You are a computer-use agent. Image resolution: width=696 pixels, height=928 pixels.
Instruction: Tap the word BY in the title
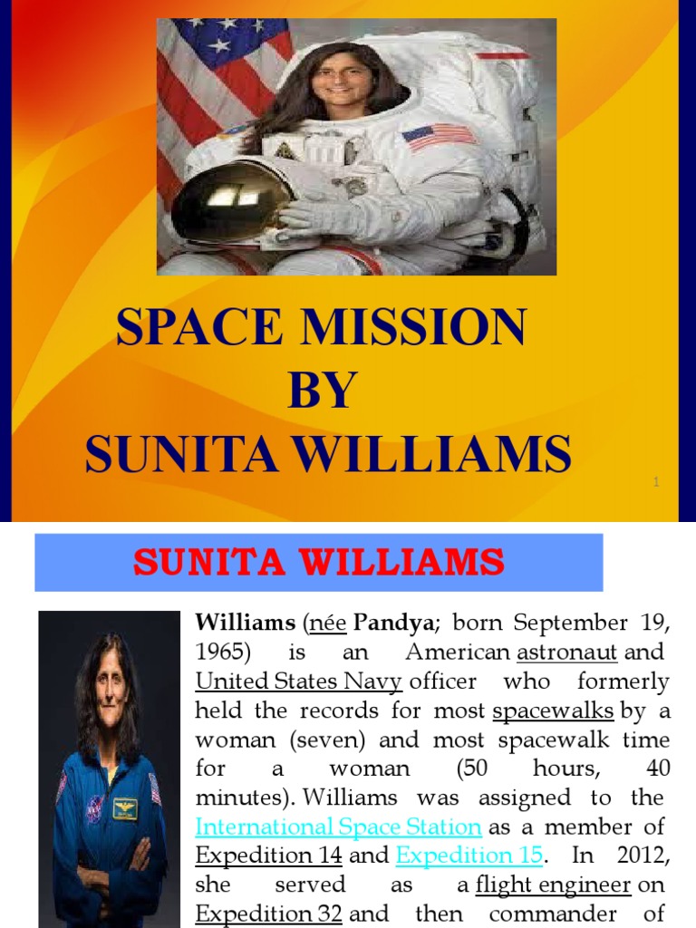click(321, 391)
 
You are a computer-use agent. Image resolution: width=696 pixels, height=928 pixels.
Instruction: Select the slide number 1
click(655, 483)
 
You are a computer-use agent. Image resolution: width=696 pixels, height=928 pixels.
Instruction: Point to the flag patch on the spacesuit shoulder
click(439, 137)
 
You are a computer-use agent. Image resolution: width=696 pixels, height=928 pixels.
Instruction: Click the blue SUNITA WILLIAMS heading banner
click(318, 563)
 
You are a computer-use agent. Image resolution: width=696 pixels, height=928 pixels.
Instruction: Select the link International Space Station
click(339, 826)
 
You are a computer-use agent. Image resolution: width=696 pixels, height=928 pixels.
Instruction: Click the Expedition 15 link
click(469, 855)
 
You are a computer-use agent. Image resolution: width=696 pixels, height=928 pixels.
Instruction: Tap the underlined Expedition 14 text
click(268, 855)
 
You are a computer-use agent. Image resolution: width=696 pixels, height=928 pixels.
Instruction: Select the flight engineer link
click(553, 884)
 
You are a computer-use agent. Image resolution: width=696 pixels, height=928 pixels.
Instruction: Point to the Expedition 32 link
click(268, 913)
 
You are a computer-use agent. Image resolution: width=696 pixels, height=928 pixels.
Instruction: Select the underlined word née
click(326, 623)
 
